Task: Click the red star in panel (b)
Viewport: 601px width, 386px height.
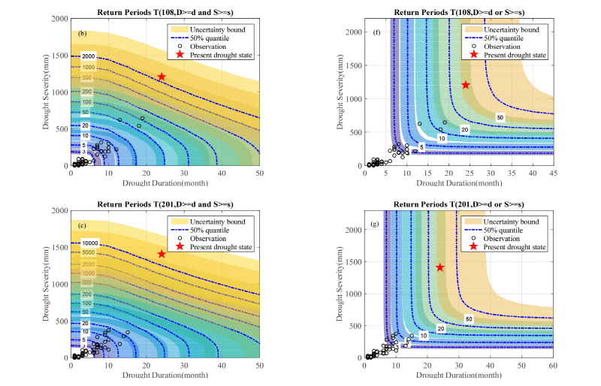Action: pos(162,77)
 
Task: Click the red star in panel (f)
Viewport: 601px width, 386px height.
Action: pos(466,85)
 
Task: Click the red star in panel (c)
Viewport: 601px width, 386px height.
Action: pos(162,254)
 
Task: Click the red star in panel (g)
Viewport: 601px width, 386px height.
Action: pos(440,267)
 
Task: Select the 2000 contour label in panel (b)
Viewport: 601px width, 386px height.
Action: pos(89,57)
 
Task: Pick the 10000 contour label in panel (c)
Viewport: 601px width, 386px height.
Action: pos(90,243)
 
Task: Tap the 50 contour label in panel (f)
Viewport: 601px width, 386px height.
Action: pos(500,118)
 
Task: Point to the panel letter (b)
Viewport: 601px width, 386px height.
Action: pos(82,34)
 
